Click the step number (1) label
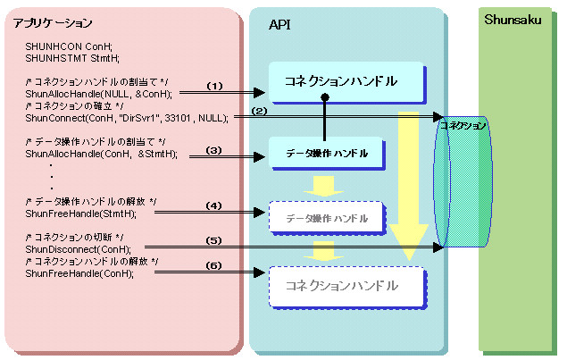(214, 86)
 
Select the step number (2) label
(259, 111)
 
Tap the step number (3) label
(213, 150)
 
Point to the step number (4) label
(213, 205)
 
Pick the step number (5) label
(213, 240)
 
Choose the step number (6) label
(213, 265)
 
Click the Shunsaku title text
(513, 20)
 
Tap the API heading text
(279, 25)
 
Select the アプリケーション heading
(53, 23)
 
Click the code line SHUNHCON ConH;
(69, 46)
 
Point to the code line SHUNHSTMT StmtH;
(72, 58)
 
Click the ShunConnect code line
(127, 118)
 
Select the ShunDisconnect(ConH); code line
(78, 249)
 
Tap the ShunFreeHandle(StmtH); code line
(80, 213)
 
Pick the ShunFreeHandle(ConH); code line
(79, 273)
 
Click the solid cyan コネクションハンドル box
(347, 82)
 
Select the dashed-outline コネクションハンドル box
(347, 288)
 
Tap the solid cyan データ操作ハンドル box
(327, 154)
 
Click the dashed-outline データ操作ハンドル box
(327, 218)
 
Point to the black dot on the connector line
(325, 97)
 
